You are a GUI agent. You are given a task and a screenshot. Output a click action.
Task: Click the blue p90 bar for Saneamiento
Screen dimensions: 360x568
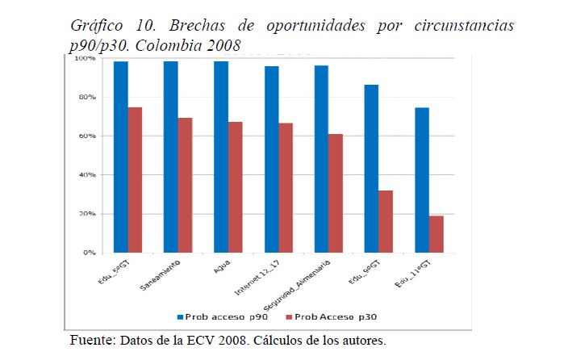click(x=171, y=157)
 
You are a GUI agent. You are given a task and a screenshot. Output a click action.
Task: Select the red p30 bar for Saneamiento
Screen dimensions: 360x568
click(x=186, y=185)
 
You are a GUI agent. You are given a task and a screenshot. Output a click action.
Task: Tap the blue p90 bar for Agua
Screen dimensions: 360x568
click(x=221, y=157)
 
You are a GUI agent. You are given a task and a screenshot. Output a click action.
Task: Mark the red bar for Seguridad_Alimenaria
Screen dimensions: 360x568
click(x=336, y=193)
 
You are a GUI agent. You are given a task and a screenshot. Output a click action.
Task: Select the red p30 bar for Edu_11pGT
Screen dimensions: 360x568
click(x=436, y=234)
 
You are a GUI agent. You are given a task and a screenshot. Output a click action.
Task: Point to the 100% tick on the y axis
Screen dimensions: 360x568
click(x=86, y=59)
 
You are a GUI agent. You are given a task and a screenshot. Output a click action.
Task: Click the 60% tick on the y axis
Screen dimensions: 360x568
click(x=87, y=136)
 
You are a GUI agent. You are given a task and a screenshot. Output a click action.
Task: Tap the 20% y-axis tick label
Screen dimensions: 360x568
click(x=87, y=214)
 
